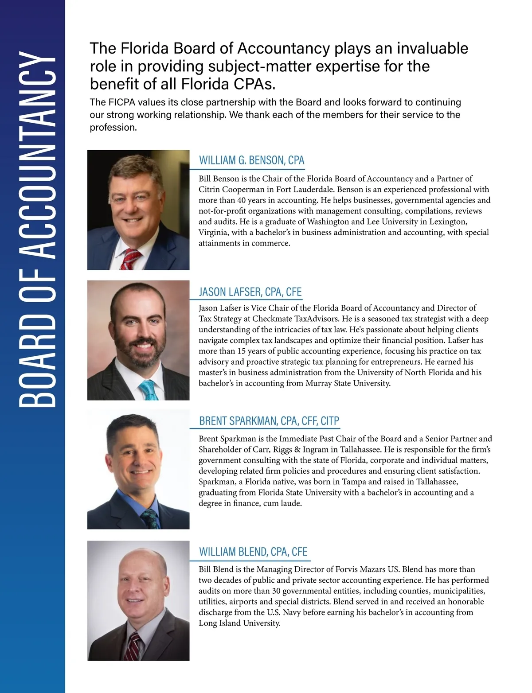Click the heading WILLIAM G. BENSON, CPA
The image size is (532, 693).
point(251,160)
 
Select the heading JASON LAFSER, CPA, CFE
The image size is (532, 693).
point(250,292)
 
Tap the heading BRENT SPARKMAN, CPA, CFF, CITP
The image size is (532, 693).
point(269,421)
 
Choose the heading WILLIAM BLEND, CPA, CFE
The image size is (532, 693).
point(253,552)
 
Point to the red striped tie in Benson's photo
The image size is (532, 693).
point(131,259)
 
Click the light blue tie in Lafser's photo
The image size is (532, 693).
point(148,390)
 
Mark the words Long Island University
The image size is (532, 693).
point(239,623)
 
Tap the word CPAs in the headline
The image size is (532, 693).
point(255,84)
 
